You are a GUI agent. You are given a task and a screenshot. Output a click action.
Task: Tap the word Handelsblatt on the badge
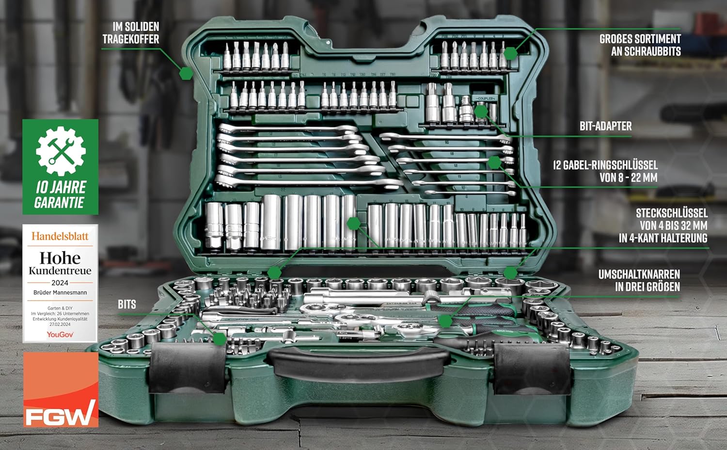pos(60,236)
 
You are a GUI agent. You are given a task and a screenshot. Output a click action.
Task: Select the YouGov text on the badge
pos(60,335)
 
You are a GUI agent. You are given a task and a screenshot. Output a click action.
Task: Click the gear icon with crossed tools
pos(61,151)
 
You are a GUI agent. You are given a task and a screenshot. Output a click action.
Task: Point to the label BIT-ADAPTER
pos(605,127)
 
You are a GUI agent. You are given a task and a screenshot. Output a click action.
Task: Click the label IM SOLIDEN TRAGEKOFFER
pos(131,33)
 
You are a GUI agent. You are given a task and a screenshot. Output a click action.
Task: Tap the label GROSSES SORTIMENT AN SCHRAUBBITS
pos(640,45)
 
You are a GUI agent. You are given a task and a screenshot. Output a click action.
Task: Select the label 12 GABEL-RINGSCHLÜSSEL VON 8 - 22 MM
pos(605,171)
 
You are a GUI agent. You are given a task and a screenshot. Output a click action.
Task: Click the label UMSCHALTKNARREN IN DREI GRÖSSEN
pos(639,280)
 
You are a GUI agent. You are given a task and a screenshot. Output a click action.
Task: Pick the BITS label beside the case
pos(127,305)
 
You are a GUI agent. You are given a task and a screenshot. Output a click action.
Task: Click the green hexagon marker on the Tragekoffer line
pos(186,73)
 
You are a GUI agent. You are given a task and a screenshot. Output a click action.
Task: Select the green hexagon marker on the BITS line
pos(220,338)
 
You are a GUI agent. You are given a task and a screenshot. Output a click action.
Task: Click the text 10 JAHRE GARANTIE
pos(60,195)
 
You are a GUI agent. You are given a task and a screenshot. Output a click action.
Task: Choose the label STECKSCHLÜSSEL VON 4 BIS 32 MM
pos(663,225)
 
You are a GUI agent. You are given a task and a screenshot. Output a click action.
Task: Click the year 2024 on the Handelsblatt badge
pos(60,282)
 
